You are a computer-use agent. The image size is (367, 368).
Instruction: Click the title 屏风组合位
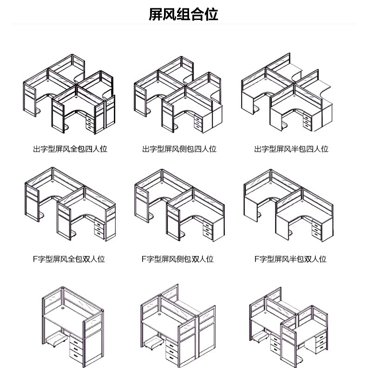pos(183,14)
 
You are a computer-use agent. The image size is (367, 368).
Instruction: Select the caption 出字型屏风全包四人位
pos(70,149)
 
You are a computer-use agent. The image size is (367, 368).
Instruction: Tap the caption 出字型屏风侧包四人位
pos(179,149)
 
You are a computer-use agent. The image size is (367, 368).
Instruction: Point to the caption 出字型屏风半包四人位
pos(291,149)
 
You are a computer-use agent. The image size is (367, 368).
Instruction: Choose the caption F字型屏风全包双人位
pos(69,259)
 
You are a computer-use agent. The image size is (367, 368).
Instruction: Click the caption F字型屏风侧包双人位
pos(177,259)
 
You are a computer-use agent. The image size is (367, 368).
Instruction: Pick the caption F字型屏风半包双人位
pos(290,259)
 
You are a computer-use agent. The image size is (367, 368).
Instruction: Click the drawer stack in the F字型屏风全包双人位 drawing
pos(99,228)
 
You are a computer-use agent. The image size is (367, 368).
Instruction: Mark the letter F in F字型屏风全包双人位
pos(35,259)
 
